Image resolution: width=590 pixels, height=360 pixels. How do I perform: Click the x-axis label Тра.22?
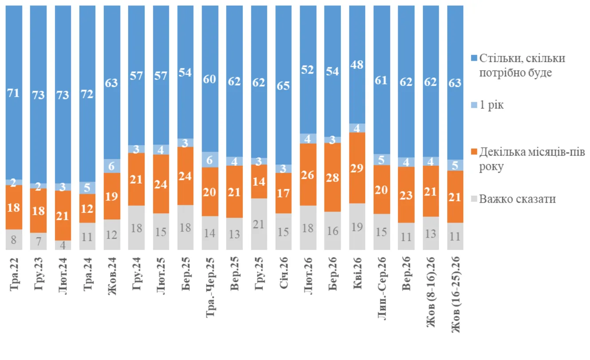[14, 274]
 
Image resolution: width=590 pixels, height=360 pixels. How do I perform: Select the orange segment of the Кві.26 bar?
[357, 168]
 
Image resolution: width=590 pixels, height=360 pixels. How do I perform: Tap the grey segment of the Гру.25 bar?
[259, 224]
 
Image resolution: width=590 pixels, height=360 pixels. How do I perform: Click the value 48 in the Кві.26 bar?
[357, 65]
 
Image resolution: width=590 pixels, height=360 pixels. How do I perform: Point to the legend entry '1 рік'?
[487, 105]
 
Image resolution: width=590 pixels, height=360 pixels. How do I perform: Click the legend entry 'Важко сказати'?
[513, 199]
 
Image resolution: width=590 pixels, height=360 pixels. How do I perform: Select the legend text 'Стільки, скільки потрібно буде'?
[522, 65]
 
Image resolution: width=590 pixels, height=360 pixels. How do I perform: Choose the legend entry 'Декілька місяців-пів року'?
[528, 159]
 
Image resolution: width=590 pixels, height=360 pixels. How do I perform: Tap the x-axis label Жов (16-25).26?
[456, 294]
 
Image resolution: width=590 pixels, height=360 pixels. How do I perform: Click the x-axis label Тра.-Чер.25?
[210, 287]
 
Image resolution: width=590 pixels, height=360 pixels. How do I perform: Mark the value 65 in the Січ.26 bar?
[283, 86]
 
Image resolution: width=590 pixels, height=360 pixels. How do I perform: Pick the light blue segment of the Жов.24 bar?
[112, 166]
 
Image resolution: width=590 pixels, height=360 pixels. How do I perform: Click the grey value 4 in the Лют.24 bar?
[63, 245]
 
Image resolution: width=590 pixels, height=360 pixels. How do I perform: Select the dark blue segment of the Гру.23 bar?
[39, 94]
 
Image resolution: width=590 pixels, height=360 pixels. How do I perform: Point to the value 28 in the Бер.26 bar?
[332, 178]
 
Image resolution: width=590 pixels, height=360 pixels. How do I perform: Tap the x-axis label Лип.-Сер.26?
[382, 288]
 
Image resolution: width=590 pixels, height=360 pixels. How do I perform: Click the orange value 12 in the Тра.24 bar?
[87, 209]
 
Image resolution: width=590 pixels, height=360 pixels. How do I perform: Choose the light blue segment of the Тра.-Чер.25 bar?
[210, 160]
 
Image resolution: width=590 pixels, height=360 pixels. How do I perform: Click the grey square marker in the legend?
[474, 199]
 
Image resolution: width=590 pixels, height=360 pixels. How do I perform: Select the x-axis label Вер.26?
[406, 274]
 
